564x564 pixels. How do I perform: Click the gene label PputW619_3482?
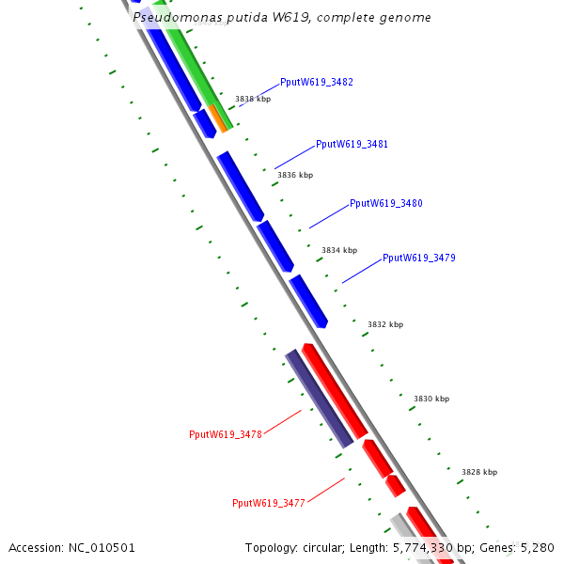coord(317,83)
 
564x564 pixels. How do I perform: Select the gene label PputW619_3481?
coord(352,145)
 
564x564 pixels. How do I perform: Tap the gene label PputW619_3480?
coord(385,203)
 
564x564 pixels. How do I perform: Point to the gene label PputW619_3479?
coord(418,258)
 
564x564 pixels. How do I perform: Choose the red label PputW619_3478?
coord(225,434)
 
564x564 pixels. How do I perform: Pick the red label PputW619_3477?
coord(269,503)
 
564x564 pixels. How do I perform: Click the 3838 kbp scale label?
coord(253,99)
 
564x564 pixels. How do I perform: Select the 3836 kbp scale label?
coord(295,175)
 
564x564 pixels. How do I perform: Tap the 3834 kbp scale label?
coord(339,250)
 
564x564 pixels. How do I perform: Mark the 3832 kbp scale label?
coord(384,324)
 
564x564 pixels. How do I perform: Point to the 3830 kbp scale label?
coord(431,399)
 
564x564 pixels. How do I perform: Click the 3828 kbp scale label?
coord(479,472)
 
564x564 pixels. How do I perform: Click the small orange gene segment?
coord(218,118)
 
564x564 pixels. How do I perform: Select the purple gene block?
coord(320,398)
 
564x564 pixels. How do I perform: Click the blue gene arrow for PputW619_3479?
coord(308,301)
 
